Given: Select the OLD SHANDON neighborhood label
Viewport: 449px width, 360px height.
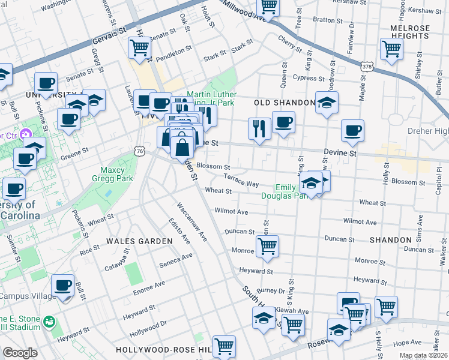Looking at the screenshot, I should click(x=284, y=103).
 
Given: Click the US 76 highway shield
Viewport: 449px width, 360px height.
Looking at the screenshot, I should click(x=139, y=152).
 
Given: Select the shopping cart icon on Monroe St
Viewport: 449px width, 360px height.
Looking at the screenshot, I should click(x=267, y=245).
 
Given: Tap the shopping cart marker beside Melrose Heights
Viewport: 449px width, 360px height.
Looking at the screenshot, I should click(x=391, y=50).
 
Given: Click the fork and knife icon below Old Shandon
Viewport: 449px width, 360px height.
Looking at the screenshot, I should click(x=259, y=128).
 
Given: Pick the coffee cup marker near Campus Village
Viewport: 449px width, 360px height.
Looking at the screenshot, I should click(x=62, y=285).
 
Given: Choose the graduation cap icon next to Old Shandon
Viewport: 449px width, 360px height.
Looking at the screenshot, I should click(x=327, y=102).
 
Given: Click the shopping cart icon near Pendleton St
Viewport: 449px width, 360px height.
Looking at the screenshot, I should click(x=139, y=47).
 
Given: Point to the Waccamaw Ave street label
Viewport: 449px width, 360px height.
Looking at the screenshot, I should click(x=191, y=222).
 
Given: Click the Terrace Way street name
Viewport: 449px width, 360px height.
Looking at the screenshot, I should click(x=241, y=181).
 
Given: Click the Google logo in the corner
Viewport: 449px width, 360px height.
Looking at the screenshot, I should click(x=20, y=353).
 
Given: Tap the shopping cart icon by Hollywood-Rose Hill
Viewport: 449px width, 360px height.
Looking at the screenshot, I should click(x=224, y=346).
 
